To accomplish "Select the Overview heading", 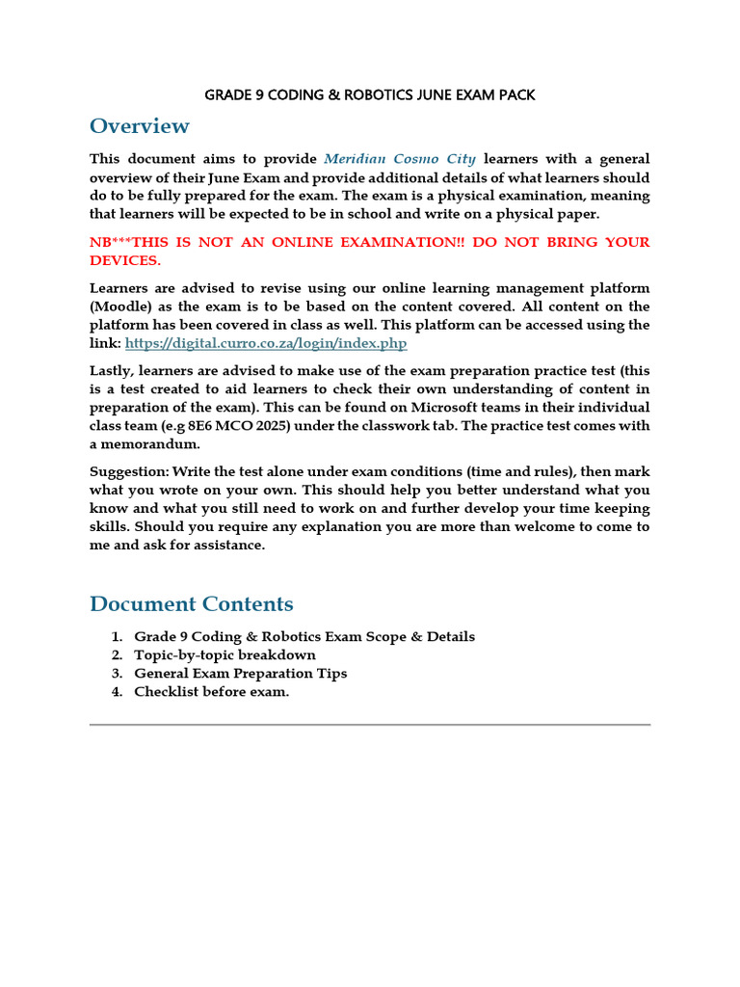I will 140,126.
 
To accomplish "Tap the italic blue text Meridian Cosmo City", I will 400,159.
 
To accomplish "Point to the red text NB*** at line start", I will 114,242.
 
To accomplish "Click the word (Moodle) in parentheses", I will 121,307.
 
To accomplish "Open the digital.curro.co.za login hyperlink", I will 266,343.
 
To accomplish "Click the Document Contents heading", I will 191,604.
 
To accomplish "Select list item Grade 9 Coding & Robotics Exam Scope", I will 304,637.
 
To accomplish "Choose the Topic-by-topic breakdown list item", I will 225,655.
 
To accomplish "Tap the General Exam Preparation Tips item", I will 240,674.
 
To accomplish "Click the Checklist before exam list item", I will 211,692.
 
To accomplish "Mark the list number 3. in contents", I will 116,674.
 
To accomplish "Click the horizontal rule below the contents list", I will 370,724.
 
